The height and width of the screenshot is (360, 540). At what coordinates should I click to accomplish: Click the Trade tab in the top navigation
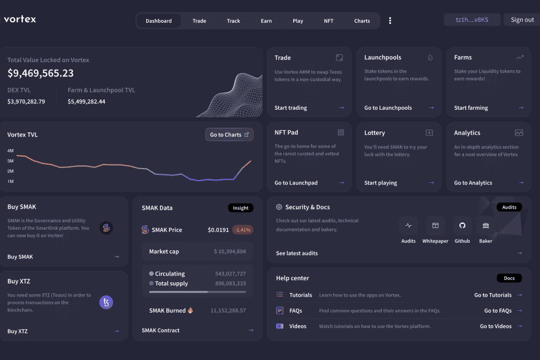click(199, 21)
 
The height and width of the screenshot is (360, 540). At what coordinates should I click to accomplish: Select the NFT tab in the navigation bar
click(329, 21)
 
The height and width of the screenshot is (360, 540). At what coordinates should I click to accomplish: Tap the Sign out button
click(522, 19)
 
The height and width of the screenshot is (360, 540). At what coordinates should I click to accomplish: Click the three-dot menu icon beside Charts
click(390, 21)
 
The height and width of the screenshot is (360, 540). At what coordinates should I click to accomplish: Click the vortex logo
click(20, 19)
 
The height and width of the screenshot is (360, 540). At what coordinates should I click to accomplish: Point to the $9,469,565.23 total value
click(41, 73)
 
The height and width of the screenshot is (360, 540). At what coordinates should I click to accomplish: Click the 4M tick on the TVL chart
click(10, 151)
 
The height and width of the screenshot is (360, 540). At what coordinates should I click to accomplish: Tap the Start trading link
click(290, 108)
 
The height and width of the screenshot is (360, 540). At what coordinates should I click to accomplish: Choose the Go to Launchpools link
click(387, 108)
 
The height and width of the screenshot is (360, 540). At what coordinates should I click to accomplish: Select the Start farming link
click(471, 108)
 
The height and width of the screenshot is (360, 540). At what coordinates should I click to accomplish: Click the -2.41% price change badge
click(242, 230)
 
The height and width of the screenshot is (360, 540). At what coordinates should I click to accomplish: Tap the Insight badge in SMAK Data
click(241, 208)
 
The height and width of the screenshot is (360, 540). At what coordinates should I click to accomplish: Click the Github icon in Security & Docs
click(462, 226)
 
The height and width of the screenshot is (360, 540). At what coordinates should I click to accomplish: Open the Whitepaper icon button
click(435, 226)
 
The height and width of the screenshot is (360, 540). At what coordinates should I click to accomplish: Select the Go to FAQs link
click(498, 311)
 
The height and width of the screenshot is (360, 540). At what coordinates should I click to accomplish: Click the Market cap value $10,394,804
click(230, 251)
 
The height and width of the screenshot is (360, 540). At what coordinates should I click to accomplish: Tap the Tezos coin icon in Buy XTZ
click(106, 302)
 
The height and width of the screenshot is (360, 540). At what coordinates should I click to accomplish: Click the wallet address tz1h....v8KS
click(472, 19)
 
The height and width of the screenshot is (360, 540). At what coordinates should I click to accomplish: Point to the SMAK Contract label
click(161, 330)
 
